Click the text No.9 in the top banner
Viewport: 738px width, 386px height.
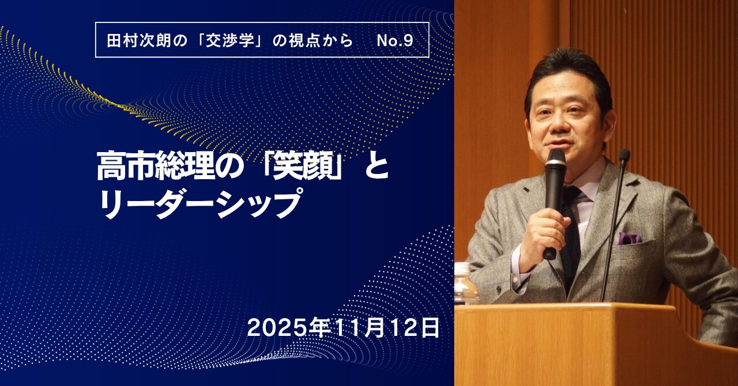[x=395, y=41]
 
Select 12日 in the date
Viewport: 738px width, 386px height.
[x=415, y=328]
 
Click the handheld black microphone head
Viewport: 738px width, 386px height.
[x=555, y=162]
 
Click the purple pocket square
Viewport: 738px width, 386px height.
[x=629, y=239]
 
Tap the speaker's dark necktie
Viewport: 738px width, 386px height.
[x=571, y=237]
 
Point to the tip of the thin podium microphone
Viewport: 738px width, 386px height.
[x=624, y=155]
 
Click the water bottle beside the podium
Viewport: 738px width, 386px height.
[x=466, y=283]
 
